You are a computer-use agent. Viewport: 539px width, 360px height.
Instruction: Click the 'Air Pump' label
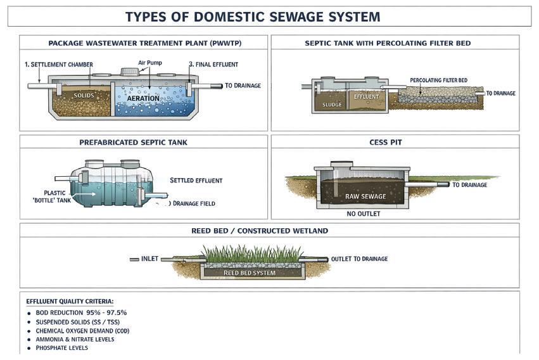pyautogui.click(x=150, y=63)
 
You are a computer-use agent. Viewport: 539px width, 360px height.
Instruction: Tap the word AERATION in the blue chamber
pyautogui.click(x=143, y=99)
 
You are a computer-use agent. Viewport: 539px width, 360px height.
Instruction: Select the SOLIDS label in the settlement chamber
pyautogui.click(x=84, y=96)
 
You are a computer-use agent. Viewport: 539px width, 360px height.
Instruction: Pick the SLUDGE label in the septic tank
pyautogui.click(x=332, y=105)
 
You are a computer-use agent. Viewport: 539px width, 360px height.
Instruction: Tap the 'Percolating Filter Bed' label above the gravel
pyautogui.click(x=438, y=80)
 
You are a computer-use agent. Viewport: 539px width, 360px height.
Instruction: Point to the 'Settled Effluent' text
pyautogui.click(x=196, y=181)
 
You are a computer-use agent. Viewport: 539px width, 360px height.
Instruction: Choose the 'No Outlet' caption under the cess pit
pyautogui.click(x=364, y=214)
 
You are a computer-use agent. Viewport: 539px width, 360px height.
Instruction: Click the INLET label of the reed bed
pyautogui.click(x=149, y=259)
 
